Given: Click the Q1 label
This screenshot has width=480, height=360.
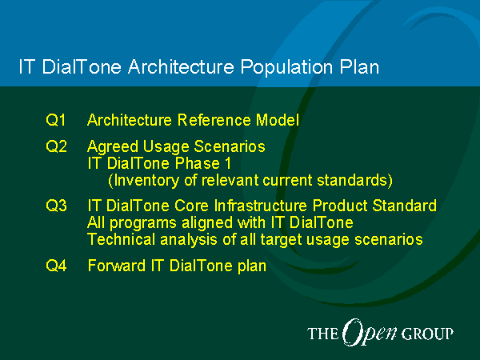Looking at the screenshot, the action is [x=56, y=120].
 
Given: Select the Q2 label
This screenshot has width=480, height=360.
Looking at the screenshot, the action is [x=56, y=146].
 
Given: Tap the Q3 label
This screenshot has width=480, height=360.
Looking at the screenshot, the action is [x=56, y=206].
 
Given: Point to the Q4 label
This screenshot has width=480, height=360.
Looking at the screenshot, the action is [x=56, y=265].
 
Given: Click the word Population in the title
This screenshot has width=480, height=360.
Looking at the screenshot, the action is [x=286, y=67].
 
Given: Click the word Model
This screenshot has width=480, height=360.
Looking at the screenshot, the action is [x=278, y=120].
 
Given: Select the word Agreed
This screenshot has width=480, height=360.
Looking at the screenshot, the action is [x=113, y=147].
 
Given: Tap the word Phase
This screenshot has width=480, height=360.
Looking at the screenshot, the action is [x=198, y=163].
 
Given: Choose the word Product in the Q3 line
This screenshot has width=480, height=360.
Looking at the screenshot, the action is [x=340, y=206].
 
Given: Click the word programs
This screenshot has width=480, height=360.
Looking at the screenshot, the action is [x=143, y=223].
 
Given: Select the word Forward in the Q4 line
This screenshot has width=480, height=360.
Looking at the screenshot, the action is [x=117, y=266].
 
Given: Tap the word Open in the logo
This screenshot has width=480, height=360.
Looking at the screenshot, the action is [x=369, y=333].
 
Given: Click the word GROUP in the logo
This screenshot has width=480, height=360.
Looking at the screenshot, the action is [x=427, y=334].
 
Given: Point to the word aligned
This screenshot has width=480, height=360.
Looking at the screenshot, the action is [x=207, y=223].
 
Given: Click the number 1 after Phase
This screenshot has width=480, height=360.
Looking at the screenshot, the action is [x=228, y=163].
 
